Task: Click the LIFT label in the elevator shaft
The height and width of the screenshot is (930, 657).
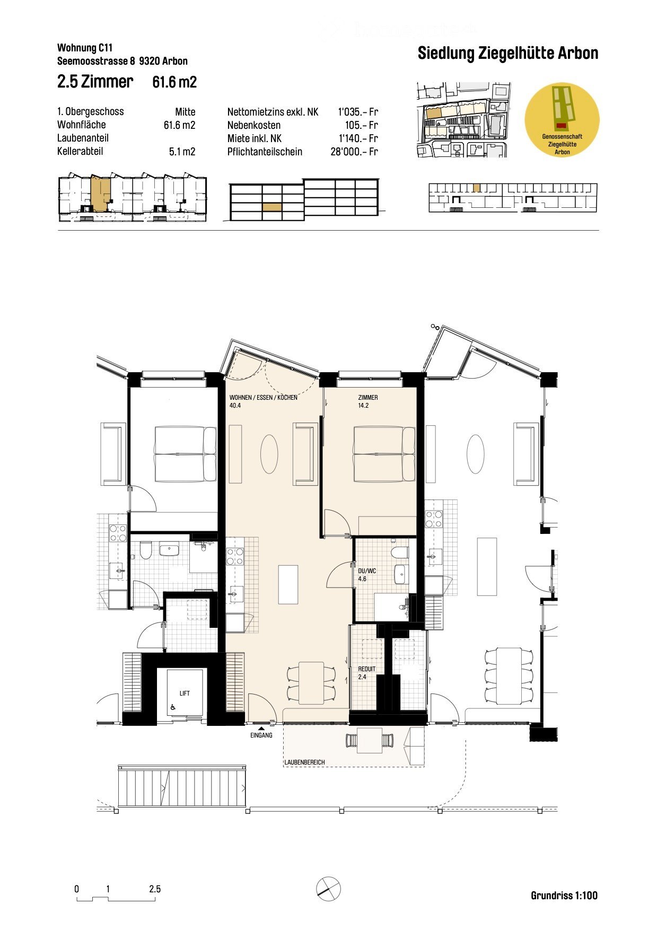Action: click(x=185, y=693)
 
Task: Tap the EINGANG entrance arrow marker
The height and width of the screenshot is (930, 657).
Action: click(x=261, y=729)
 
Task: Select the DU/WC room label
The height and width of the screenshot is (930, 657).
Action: click(x=367, y=571)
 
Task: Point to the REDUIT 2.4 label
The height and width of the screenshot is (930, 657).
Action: click(x=366, y=673)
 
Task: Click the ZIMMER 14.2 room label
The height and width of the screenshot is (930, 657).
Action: click(x=368, y=401)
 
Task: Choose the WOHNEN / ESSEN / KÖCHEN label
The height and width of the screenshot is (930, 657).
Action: click(x=263, y=398)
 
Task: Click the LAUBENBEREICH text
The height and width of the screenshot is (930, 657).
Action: click(x=304, y=762)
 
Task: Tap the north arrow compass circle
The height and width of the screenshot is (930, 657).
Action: click(x=328, y=888)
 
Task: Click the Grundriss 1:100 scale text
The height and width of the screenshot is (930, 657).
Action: click(x=564, y=896)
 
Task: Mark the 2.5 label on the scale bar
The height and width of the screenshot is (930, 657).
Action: click(x=155, y=889)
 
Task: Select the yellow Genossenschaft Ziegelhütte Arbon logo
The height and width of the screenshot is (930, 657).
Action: click(x=562, y=120)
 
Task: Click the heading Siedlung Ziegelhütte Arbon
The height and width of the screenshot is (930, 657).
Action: click(x=507, y=54)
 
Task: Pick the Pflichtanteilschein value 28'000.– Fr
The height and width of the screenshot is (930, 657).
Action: click(x=354, y=152)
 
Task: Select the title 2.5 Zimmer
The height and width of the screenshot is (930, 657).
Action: click(x=95, y=82)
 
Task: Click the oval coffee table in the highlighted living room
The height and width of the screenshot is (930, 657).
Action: click(x=269, y=454)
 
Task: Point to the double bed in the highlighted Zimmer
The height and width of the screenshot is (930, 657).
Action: click(x=384, y=454)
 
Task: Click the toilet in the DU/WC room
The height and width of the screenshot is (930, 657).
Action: click(x=400, y=552)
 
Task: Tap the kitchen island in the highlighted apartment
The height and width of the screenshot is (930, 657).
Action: click(x=288, y=584)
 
